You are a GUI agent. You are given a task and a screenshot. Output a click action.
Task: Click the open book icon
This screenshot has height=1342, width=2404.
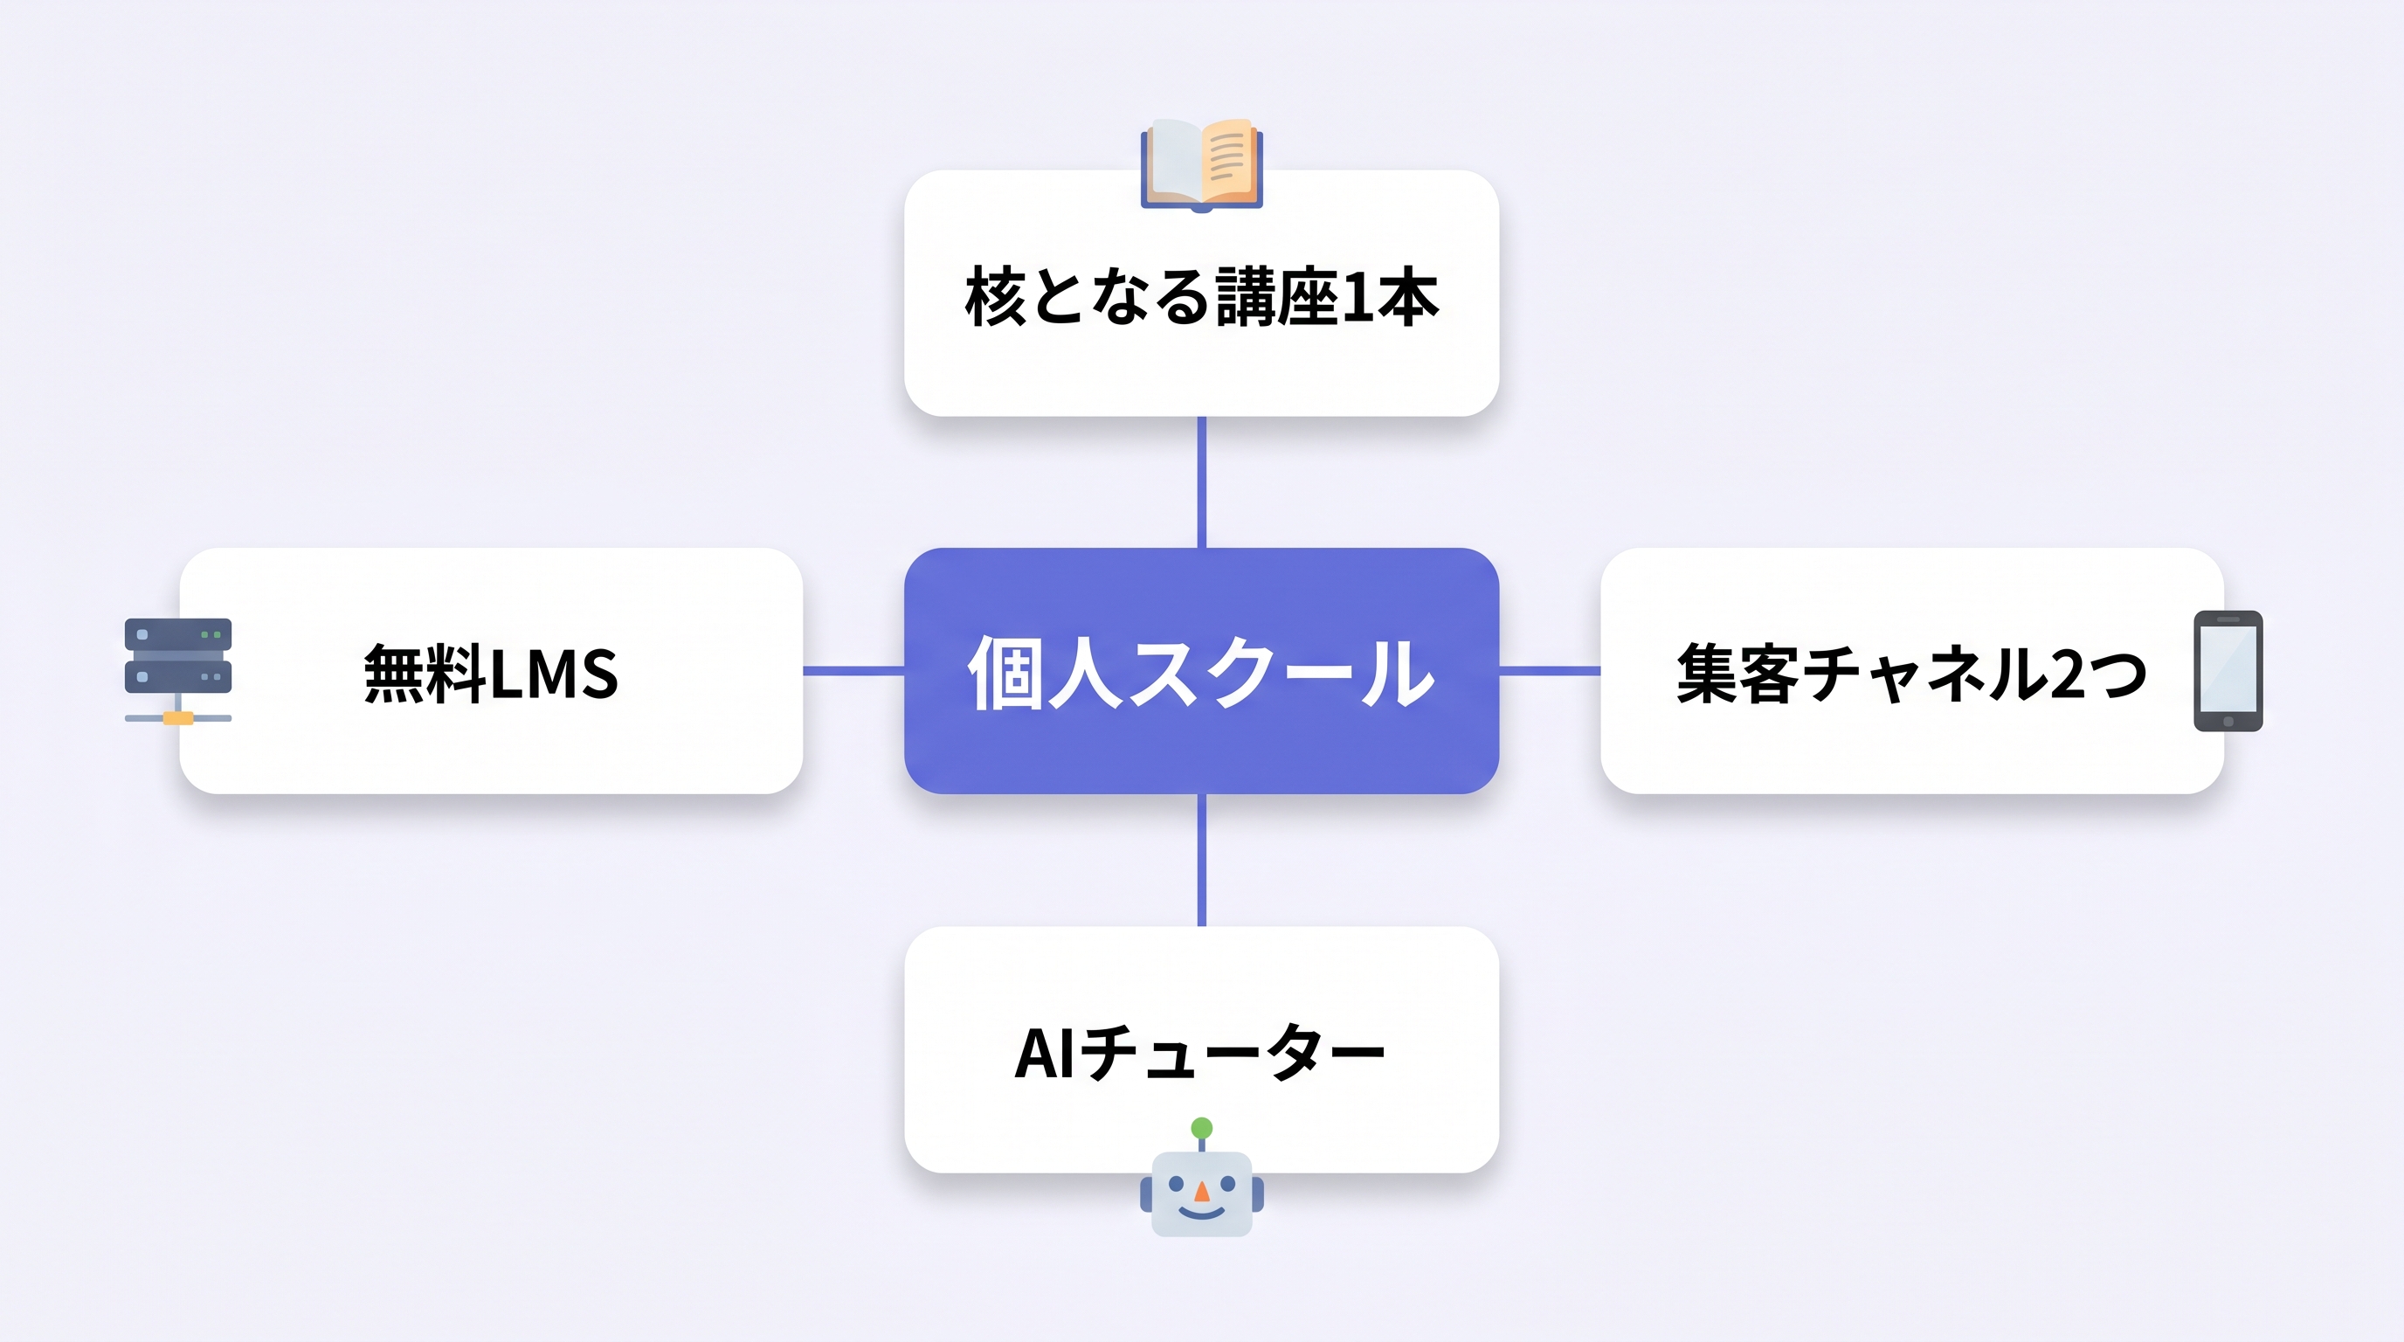1201,164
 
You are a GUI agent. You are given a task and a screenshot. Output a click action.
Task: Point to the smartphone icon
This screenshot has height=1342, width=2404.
2228,670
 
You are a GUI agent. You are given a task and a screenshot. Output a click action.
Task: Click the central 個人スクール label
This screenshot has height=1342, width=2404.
1201,672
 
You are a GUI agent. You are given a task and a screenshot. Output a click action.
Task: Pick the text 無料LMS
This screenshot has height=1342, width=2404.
491,673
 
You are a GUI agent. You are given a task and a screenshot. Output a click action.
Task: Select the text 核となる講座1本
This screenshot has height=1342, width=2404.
1201,296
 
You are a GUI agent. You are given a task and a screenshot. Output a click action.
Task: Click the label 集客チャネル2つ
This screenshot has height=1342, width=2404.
1911,673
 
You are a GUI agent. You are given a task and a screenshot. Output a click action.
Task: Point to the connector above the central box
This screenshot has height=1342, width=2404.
1201,481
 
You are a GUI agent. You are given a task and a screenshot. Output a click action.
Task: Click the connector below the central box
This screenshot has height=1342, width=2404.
1201,860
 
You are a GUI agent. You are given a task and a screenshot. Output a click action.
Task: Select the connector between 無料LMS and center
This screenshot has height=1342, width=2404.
853,670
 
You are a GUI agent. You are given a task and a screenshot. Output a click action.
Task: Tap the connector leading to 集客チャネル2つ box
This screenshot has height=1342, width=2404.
1549,670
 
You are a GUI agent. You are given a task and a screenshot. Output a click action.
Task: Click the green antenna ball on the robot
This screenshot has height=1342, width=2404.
1202,1128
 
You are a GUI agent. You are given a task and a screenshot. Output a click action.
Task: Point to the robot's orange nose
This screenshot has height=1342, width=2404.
1202,1192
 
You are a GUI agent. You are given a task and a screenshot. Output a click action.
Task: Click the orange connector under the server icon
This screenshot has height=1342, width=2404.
178,717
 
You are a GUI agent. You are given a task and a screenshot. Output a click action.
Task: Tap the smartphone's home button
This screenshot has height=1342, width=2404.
2228,722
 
